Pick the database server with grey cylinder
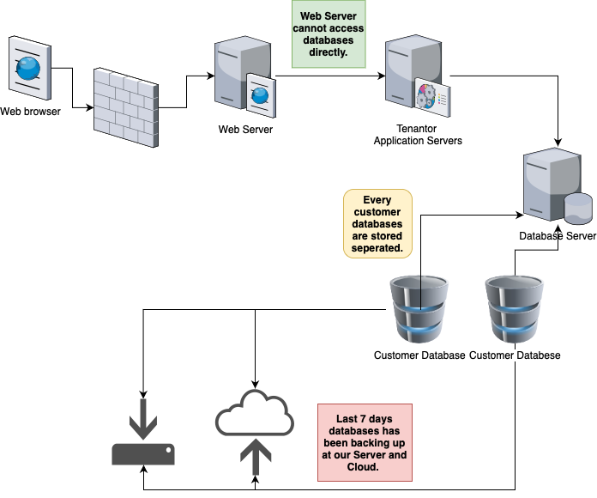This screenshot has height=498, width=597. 555,185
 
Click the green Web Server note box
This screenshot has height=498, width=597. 329,34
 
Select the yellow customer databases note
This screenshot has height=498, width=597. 377,223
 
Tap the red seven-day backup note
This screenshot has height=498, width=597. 365,441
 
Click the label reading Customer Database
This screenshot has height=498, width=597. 419,355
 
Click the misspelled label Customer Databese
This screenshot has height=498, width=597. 515,355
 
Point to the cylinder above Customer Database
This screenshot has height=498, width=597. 419,309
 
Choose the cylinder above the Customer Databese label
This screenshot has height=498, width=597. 515,309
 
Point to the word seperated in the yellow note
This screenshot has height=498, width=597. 377,248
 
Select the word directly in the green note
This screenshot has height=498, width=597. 329,52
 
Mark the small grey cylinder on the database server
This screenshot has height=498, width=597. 577,207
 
